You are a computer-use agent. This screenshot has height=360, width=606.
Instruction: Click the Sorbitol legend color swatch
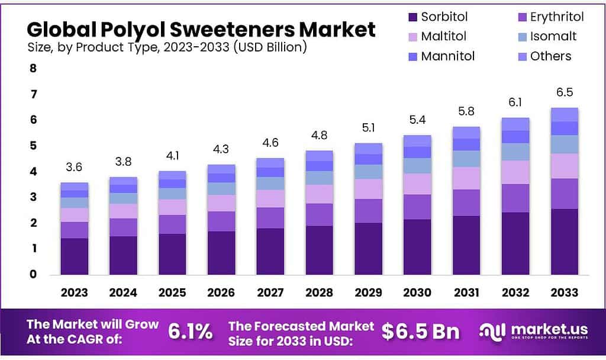click(x=412, y=17)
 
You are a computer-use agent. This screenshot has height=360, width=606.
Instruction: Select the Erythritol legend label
click(x=557, y=17)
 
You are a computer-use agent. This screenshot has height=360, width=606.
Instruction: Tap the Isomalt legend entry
click(x=553, y=37)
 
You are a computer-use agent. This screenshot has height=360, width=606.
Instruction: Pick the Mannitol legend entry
click(x=447, y=56)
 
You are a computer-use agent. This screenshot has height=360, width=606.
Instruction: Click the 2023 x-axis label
click(x=74, y=292)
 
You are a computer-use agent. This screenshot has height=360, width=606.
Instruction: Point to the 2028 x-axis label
click(x=320, y=292)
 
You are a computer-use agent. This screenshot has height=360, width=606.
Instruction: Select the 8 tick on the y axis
click(x=33, y=69)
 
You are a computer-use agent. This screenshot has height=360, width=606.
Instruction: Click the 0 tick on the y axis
click(x=33, y=274)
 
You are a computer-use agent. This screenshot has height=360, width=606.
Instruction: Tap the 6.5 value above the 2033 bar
click(x=564, y=93)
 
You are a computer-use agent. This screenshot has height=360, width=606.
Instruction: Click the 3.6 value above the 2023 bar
click(x=74, y=168)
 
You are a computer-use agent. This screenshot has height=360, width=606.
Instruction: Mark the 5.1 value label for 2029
click(x=369, y=128)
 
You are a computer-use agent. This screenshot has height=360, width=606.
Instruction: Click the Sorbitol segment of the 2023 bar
click(x=74, y=256)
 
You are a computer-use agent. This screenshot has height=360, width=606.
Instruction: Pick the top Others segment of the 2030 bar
click(x=417, y=140)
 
